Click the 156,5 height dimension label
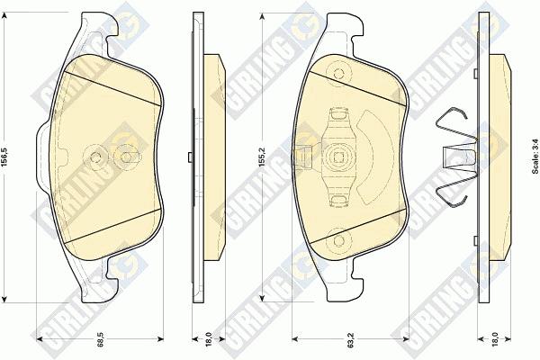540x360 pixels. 4,158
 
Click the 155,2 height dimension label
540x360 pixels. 263,157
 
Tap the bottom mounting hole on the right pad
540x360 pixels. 339,240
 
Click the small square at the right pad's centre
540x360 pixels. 339,157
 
